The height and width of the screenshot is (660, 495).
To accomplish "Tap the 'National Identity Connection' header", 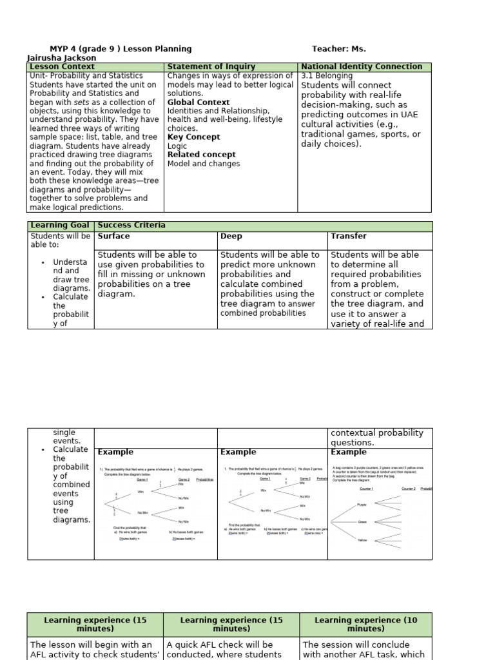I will pos(362,67).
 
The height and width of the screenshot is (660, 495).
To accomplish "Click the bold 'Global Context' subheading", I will pos(198,102).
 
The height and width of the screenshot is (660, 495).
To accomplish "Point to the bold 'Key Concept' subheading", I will pos(193,137).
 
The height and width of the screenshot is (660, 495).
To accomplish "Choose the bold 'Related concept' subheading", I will pos(201,155).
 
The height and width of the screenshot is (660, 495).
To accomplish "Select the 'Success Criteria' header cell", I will pos(131,226).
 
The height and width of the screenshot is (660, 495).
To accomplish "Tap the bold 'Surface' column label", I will pos(113,237).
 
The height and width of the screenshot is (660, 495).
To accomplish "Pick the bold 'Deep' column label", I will pos(231,237).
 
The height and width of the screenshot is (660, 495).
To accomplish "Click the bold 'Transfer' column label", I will pos(349,237).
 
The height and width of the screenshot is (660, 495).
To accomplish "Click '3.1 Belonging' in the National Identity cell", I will pos(327,76).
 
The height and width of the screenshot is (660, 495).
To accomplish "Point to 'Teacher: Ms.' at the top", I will pos(338,49).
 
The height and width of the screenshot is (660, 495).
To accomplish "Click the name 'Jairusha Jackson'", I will pos(61,58).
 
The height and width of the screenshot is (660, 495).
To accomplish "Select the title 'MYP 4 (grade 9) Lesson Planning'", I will pos(121,49).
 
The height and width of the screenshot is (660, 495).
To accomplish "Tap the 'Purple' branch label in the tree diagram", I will pos(362,505).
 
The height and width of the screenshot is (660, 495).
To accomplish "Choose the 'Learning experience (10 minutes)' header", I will pos(365,625).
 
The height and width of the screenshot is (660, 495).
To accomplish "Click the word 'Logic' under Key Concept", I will pos(177,146).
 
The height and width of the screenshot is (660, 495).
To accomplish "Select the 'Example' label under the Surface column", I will pos(115,452).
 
